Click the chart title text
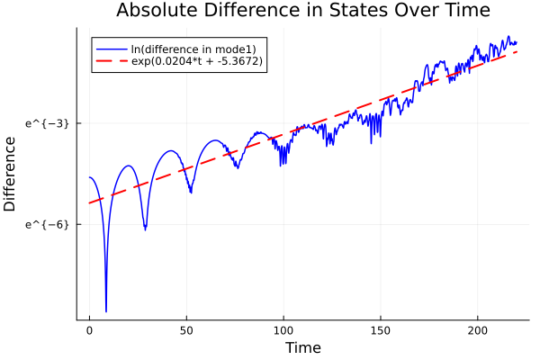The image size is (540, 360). pyautogui.click(x=302, y=12)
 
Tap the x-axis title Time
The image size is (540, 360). pyautogui.click(x=302, y=347)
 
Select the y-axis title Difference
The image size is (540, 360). pyautogui.click(x=11, y=174)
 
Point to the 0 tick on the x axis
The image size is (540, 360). pyautogui.click(x=89, y=330)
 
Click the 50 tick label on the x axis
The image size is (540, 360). pyautogui.click(x=186, y=330)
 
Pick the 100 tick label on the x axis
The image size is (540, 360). pyautogui.click(x=283, y=330)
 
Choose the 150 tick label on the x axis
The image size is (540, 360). pyautogui.click(x=381, y=330)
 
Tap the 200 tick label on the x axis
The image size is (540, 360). pyautogui.click(x=478, y=330)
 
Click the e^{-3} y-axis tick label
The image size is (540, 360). pyautogui.click(x=48, y=122)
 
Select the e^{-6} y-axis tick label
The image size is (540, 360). pyautogui.click(x=48, y=223)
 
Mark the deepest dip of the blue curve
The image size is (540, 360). pyautogui.click(x=106, y=311)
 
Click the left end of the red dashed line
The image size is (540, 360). pyautogui.click(x=89, y=202)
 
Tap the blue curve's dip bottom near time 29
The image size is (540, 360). pyautogui.click(x=145, y=229)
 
